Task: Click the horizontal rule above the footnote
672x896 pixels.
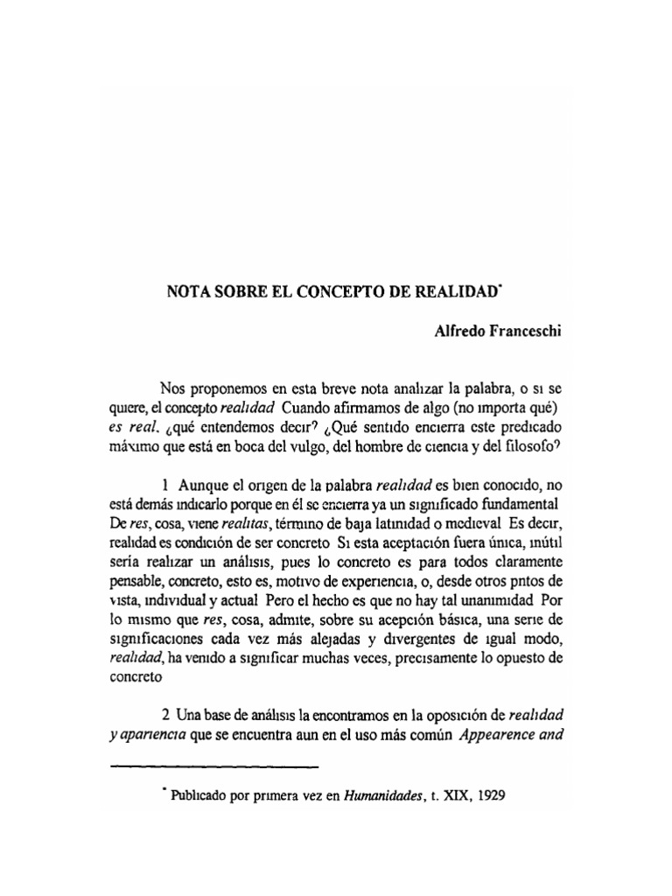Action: point(214,767)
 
